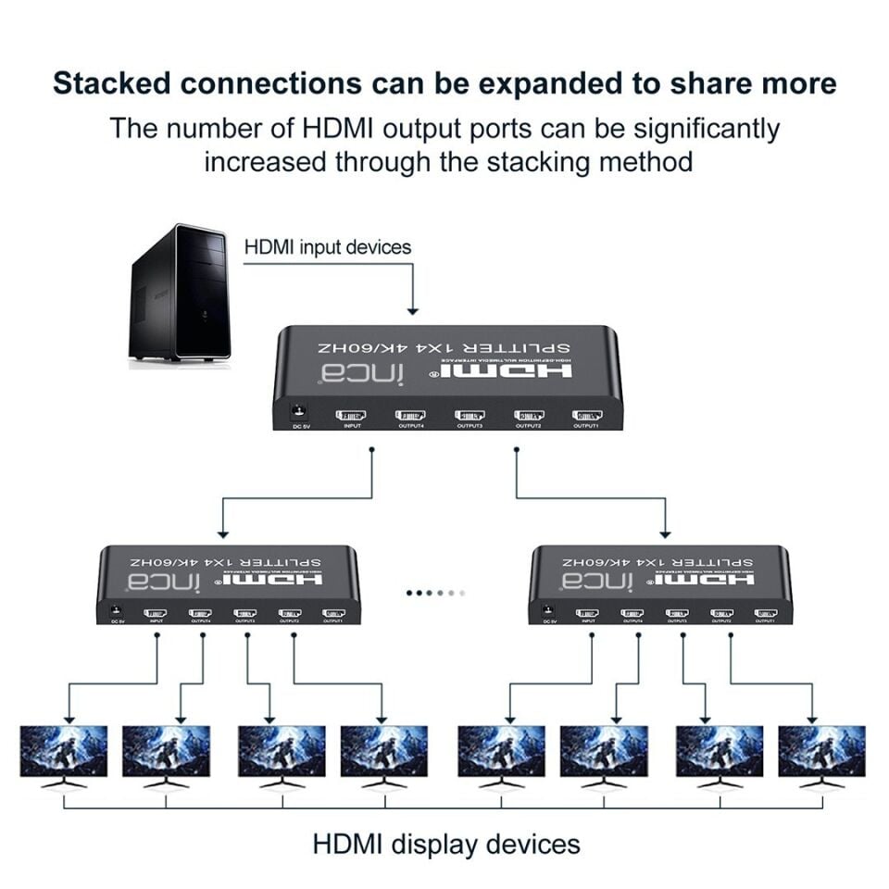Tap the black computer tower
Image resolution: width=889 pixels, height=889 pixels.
pyautogui.click(x=179, y=292)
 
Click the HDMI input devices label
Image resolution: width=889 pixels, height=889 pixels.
pyautogui.click(x=327, y=247)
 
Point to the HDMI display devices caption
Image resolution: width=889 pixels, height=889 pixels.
pyautogui.click(x=446, y=844)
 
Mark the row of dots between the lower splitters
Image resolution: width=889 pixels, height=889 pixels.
pyautogui.click(x=435, y=592)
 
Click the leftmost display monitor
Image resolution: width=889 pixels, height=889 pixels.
pyautogui.click(x=64, y=752)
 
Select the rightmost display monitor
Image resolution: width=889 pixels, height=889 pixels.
pyautogui.click(x=821, y=752)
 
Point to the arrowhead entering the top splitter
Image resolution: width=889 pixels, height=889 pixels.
pyautogui.click(x=413, y=309)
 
